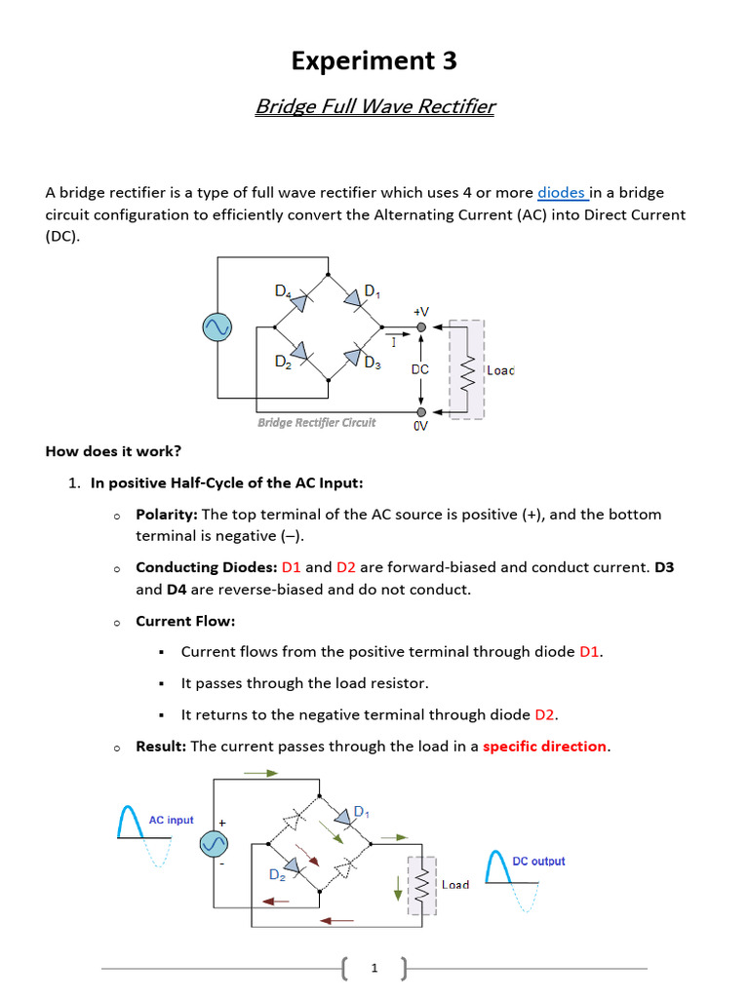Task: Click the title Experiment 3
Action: click(x=374, y=61)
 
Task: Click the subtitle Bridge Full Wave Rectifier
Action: click(x=374, y=106)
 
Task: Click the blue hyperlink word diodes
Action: click(x=561, y=193)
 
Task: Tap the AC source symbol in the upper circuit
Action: click(x=217, y=328)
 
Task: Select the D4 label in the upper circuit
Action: click(x=283, y=290)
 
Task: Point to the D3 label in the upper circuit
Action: click(x=373, y=364)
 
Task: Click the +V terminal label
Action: click(x=420, y=311)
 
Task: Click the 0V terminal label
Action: click(x=420, y=426)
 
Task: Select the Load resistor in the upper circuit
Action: click(x=466, y=370)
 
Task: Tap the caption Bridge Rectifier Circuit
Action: click(x=316, y=422)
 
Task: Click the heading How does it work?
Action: click(x=113, y=451)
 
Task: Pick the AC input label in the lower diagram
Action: click(x=171, y=820)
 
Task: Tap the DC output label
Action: click(x=538, y=861)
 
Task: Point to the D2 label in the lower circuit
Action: click(x=278, y=874)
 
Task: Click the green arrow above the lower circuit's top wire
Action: click(x=260, y=773)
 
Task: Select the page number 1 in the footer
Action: click(x=374, y=969)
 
